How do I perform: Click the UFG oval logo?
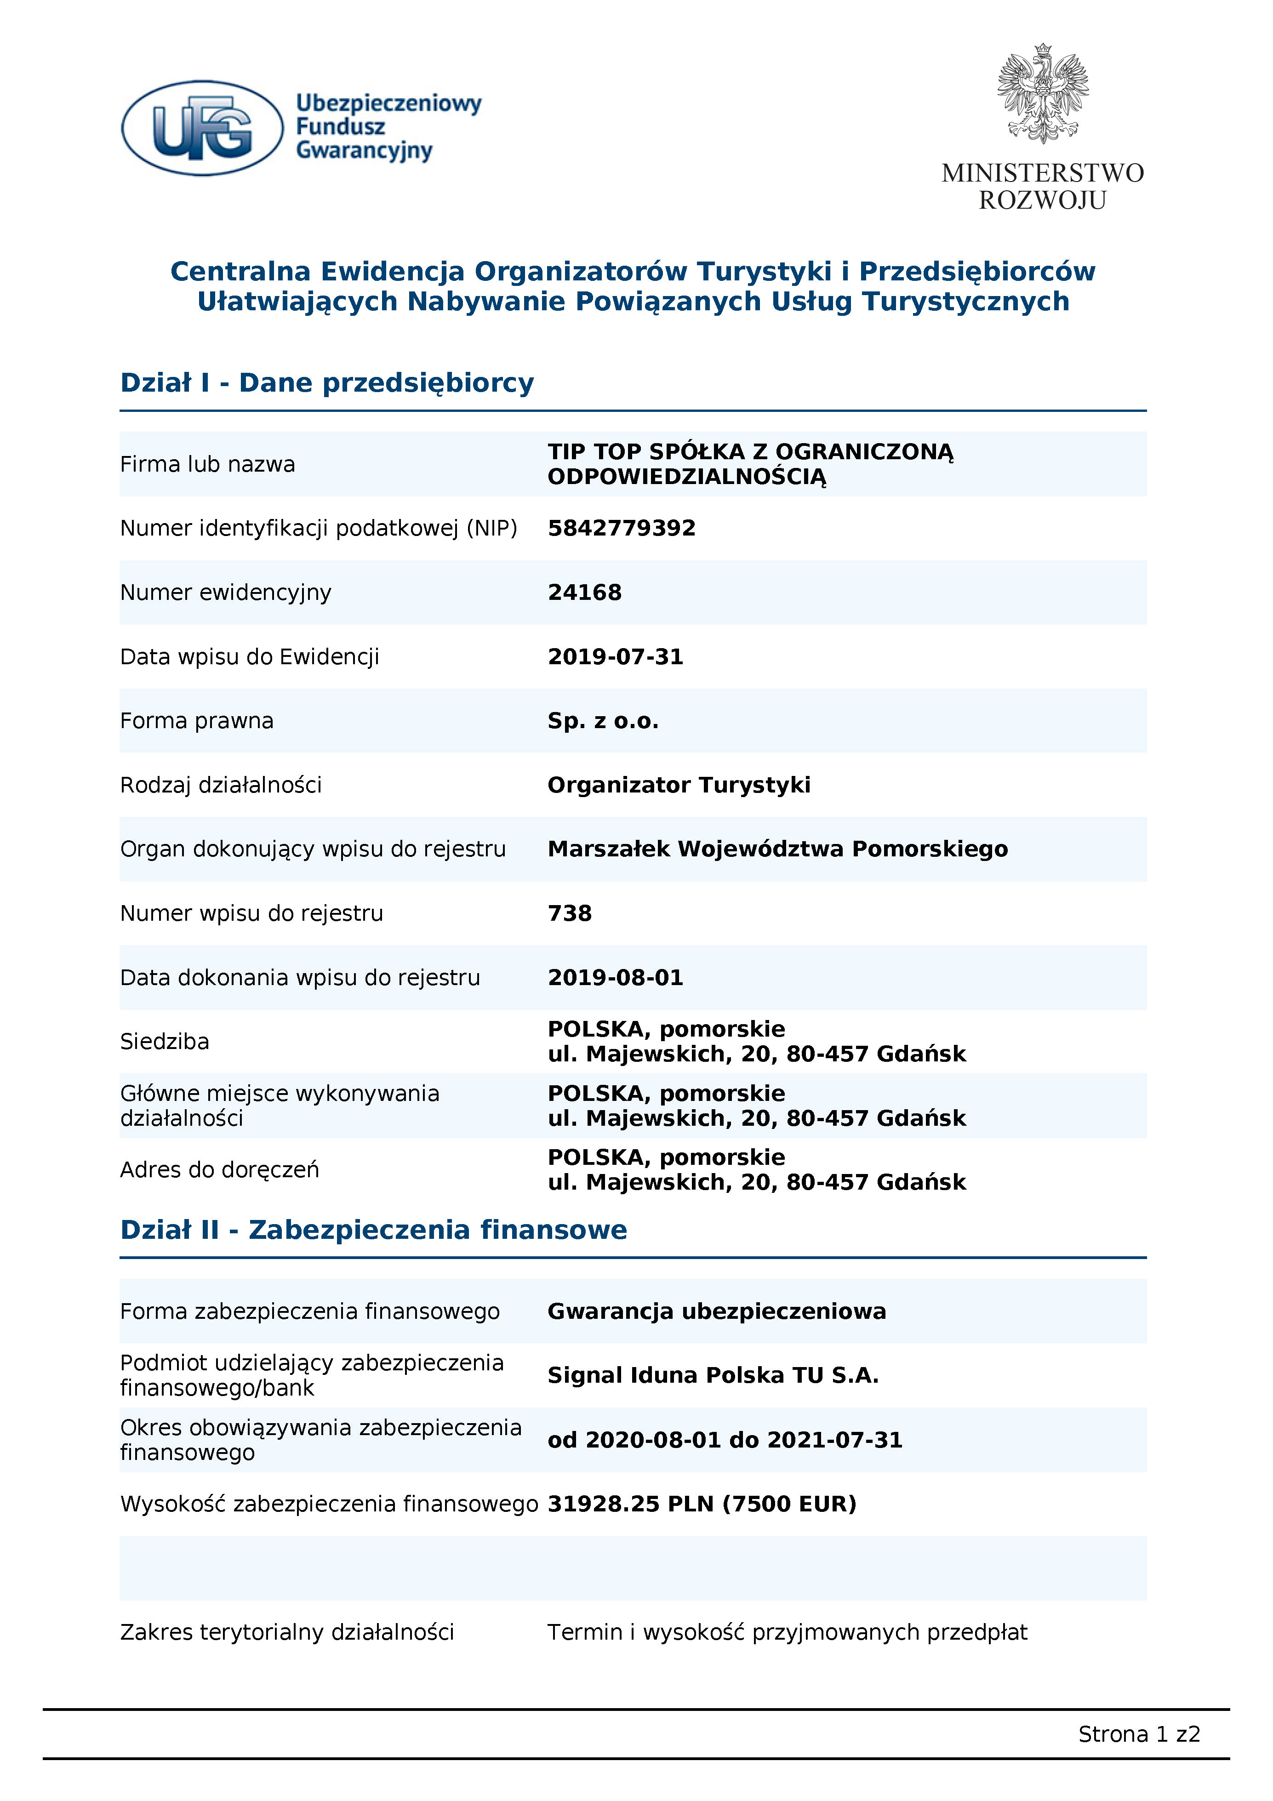pos(202,128)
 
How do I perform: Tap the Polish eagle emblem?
pos(1042,94)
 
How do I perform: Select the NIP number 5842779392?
pos(621,528)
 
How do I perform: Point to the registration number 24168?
pos(584,592)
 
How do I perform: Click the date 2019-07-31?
pos(615,656)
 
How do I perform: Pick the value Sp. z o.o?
pos(602,721)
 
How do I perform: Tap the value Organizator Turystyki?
pos(679,785)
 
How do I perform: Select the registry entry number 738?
pos(570,913)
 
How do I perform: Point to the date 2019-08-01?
pos(615,977)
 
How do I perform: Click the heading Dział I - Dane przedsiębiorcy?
pos(327,383)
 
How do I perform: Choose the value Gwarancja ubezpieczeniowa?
pos(716,1311)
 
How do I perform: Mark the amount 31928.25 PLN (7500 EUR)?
pos(701,1504)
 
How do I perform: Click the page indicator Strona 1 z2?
pos(1138,1734)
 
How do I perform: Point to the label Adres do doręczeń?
pos(220,1169)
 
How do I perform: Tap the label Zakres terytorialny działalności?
pos(287,1632)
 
